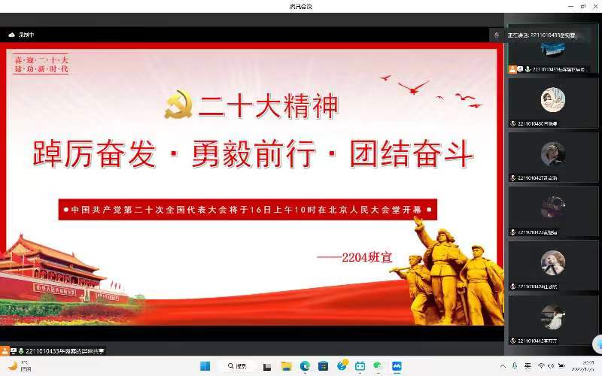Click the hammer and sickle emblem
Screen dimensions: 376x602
pyautogui.click(x=179, y=105)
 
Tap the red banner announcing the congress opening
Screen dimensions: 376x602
pyautogui.click(x=248, y=208)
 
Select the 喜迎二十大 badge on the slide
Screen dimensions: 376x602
pyautogui.click(x=41, y=63)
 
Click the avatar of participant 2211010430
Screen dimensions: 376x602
pyautogui.click(x=552, y=100)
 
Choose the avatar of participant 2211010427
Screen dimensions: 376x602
pyautogui.click(x=552, y=153)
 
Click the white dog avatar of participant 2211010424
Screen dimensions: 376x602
pyautogui.click(x=552, y=262)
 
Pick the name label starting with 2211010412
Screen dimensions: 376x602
pyautogui.click(x=537, y=341)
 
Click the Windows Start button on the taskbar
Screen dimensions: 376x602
pyautogui.click(x=205, y=365)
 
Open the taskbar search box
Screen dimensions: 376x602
pyautogui.click(x=236, y=365)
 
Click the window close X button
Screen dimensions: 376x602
pyautogui.click(x=588, y=6)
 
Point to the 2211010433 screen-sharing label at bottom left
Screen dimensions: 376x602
pyautogui.click(x=64, y=350)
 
